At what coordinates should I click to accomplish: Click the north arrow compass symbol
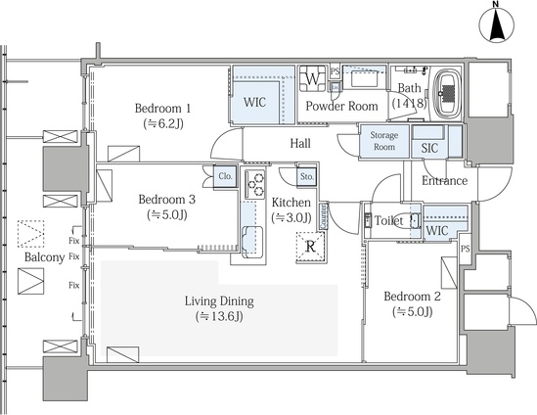click(x=497, y=25)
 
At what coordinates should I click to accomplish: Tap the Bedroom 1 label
click(x=162, y=109)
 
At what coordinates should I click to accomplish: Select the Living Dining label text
click(x=219, y=301)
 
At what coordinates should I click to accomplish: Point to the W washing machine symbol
click(x=312, y=79)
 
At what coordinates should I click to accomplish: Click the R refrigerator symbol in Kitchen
click(x=310, y=247)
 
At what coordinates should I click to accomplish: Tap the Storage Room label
click(x=383, y=141)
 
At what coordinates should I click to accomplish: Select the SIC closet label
click(x=429, y=148)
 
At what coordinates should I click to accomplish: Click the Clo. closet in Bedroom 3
click(x=225, y=176)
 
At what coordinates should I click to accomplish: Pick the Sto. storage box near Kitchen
click(x=306, y=177)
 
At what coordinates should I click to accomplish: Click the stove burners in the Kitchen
click(x=255, y=184)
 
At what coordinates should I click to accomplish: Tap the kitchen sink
click(x=252, y=242)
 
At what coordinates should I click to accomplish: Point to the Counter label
click(x=323, y=216)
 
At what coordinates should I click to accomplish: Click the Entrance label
click(x=444, y=181)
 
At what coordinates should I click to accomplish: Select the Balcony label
click(x=45, y=257)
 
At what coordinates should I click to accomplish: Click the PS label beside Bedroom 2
click(x=465, y=249)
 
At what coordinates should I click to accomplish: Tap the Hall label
click(x=300, y=143)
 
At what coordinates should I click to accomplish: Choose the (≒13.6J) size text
click(x=219, y=316)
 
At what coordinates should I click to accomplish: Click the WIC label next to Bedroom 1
click(x=254, y=102)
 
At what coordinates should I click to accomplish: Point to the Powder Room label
click(x=341, y=106)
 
